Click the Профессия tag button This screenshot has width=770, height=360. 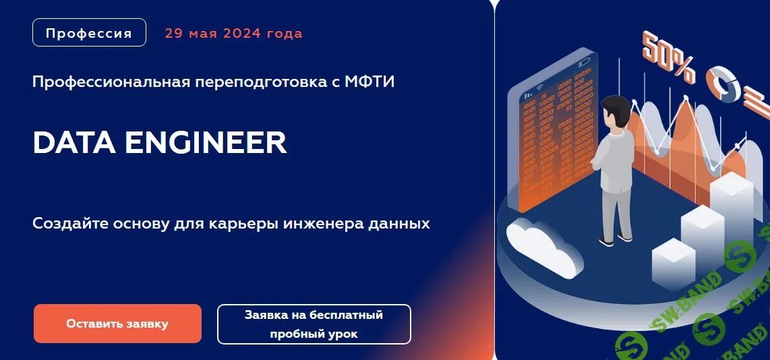point(89,33)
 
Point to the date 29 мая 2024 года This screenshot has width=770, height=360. point(233,34)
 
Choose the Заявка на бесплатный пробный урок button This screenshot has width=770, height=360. point(314,324)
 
